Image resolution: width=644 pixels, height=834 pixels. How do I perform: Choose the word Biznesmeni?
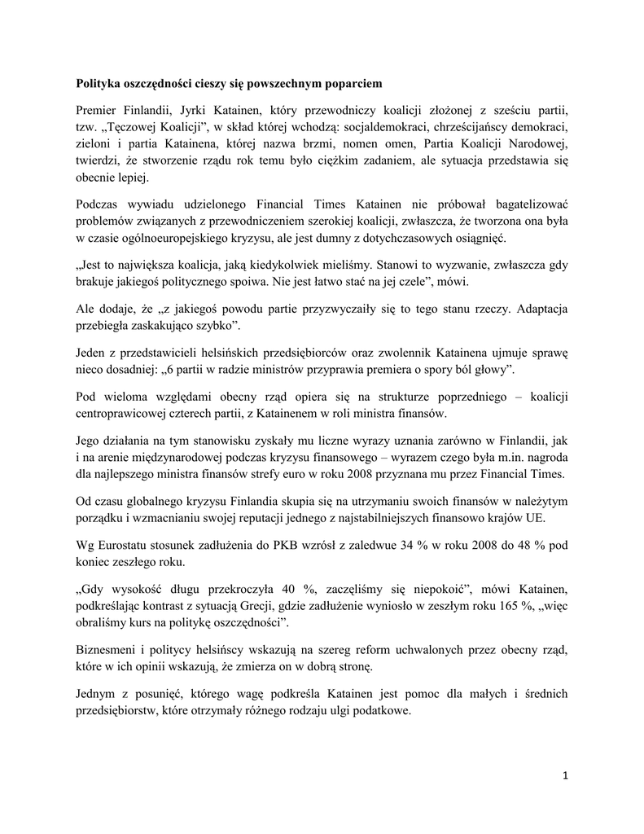(x=109, y=650)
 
